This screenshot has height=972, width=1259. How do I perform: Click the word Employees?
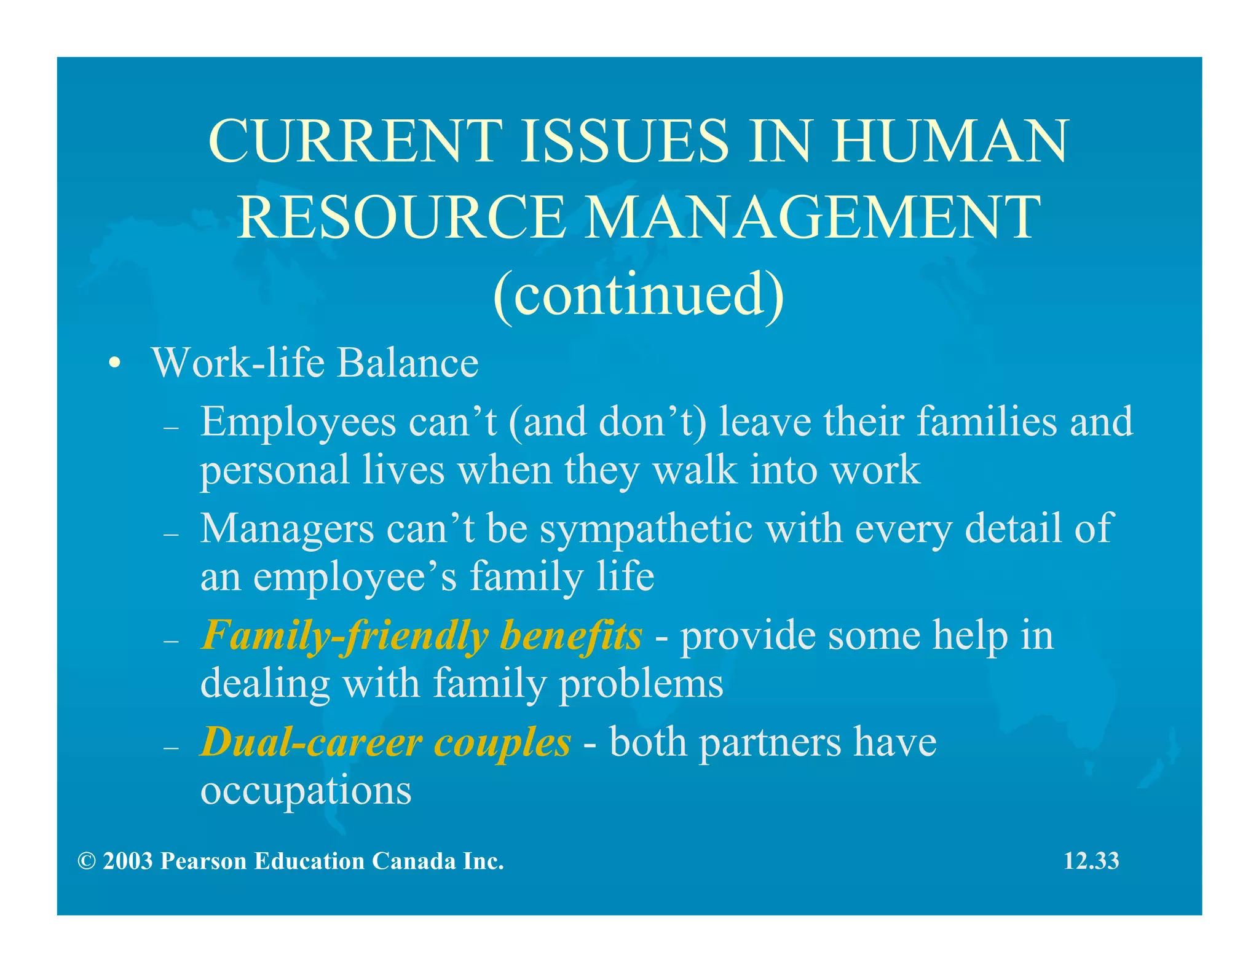click(x=298, y=423)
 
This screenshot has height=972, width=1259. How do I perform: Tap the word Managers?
click(x=287, y=529)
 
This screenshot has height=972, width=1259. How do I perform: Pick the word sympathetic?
click(x=646, y=529)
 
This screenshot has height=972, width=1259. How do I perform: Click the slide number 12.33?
click(x=1091, y=861)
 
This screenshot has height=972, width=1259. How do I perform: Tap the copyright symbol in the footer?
click(x=87, y=861)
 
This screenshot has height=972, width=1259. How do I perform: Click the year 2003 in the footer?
click(x=127, y=861)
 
